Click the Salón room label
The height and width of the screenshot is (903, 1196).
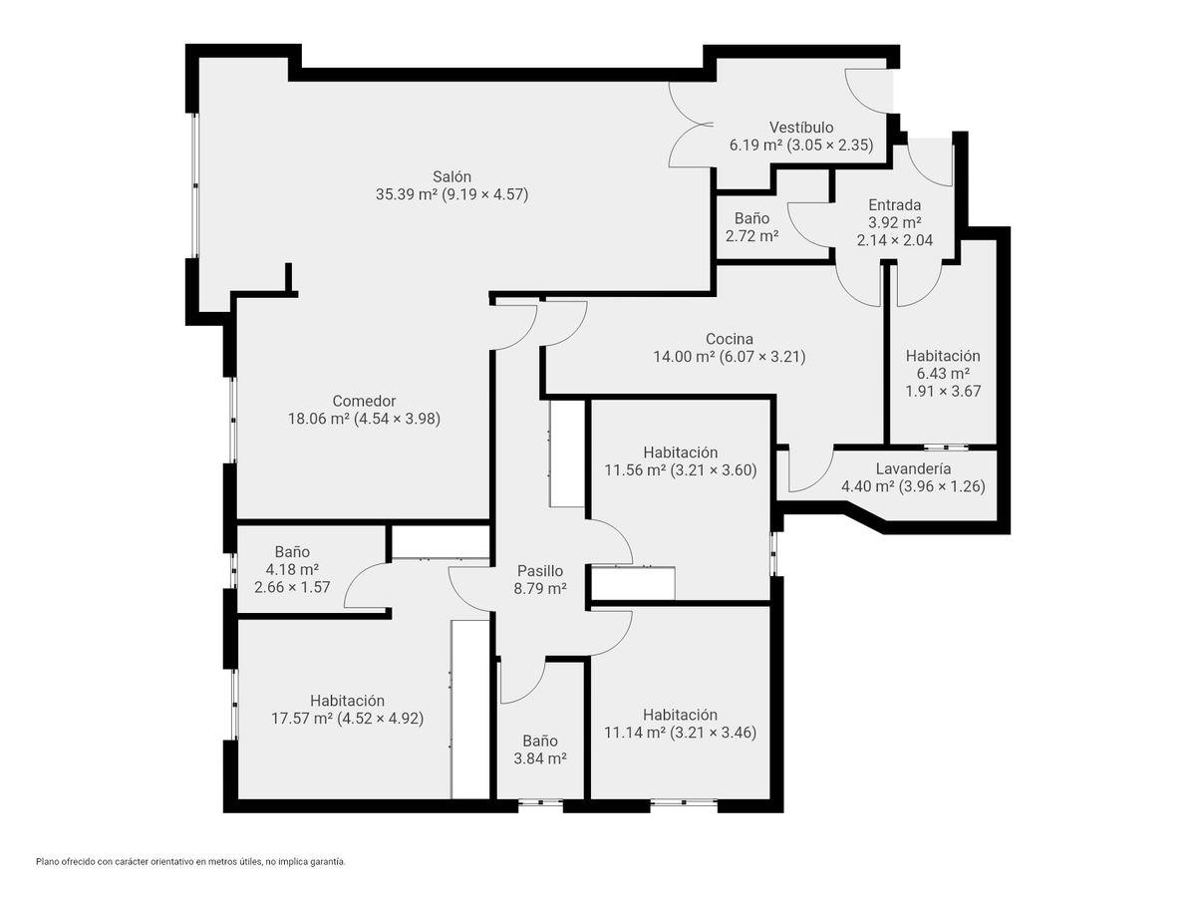[451, 176]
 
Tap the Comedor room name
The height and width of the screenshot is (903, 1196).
[364, 401]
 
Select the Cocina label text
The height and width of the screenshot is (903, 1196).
[730, 339]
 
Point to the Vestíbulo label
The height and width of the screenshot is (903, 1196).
[801, 128]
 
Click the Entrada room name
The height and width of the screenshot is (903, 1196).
[895, 205]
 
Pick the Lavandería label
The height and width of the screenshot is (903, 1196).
[914, 468]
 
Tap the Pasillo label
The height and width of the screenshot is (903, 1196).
[540, 571]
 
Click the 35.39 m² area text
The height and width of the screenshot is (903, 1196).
[407, 194]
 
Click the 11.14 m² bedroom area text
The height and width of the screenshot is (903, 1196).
[635, 732]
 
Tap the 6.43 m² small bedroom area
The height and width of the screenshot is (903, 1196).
[943, 373]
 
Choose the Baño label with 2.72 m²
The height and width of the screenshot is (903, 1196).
[751, 218]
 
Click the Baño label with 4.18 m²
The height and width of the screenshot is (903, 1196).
[293, 552]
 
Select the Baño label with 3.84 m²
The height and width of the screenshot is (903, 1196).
[540, 741]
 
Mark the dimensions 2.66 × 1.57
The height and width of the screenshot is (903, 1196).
[293, 587]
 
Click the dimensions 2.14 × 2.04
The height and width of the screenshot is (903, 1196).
[895, 240]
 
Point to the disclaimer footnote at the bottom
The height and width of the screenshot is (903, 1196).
[190, 861]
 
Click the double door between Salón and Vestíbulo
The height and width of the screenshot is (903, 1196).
[691, 125]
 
